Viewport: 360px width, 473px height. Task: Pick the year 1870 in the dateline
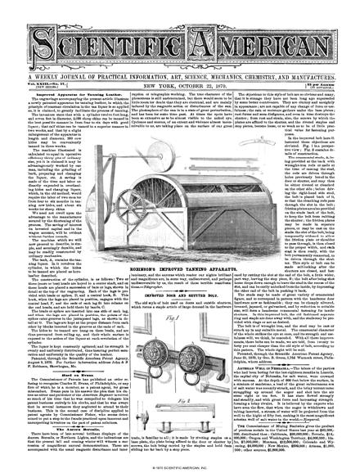(222, 65)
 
